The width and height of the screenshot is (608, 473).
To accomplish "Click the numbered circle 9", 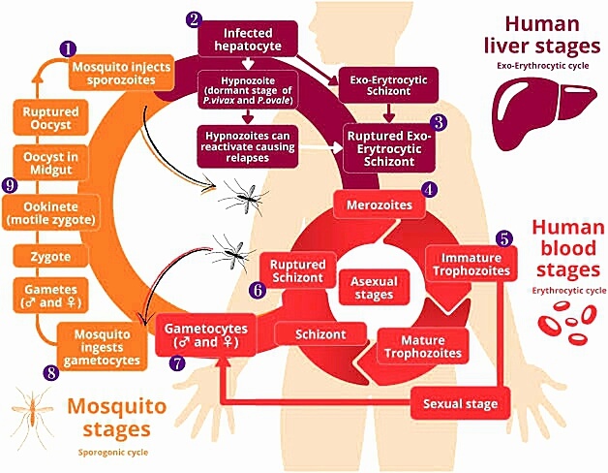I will point(11,184).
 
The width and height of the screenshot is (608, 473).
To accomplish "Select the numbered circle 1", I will point(67,47).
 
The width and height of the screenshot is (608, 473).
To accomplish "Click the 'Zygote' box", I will point(47,256).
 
